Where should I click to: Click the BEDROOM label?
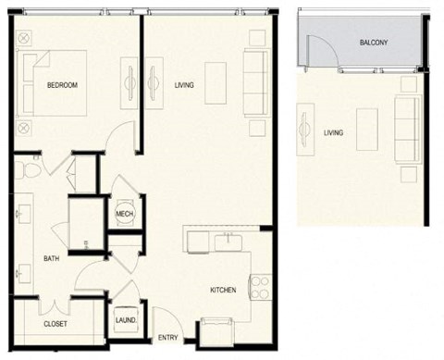click(62, 86)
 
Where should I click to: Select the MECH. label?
click(124, 215)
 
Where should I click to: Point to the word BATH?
click(52, 259)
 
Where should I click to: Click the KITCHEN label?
click(223, 291)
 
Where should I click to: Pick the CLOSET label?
click(55, 324)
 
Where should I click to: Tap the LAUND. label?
click(126, 320)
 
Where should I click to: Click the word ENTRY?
click(168, 338)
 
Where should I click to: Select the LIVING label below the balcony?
click(333, 132)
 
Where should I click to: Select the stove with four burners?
click(259, 287)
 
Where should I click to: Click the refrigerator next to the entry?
click(216, 329)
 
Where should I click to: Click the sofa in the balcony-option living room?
click(407, 130)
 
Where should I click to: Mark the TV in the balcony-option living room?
click(302, 130)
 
